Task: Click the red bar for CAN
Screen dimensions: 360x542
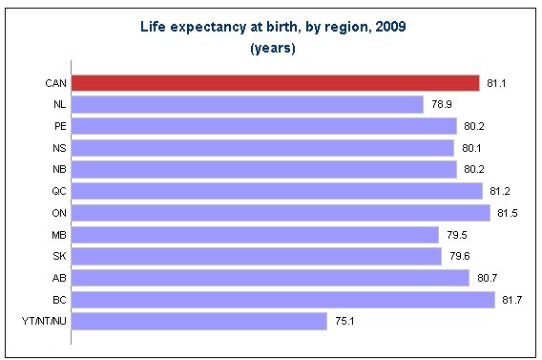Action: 275,83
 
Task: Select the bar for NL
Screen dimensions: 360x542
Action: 247,104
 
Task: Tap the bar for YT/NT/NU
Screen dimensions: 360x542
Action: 199,321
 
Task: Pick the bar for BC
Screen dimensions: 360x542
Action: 283,299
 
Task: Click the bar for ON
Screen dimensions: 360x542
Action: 281,212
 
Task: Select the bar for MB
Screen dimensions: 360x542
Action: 255,234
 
